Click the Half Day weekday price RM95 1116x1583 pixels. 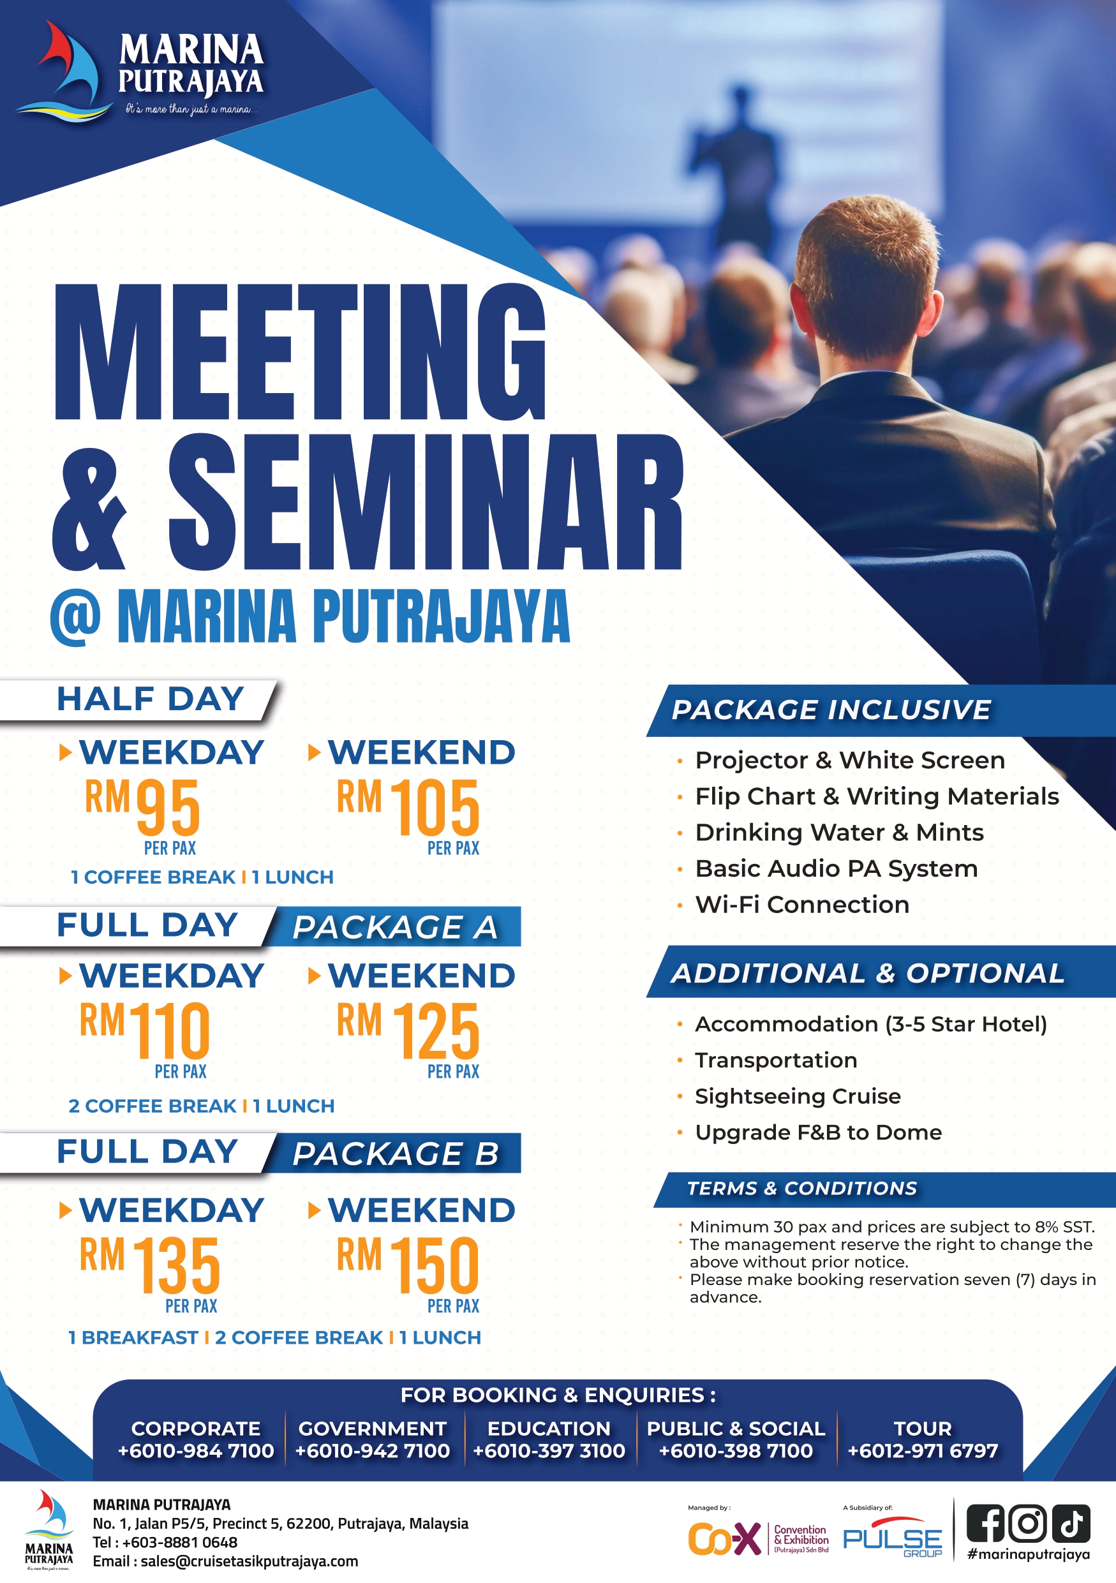click(x=142, y=806)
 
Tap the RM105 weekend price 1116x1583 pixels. click(x=408, y=806)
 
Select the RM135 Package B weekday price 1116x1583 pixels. click(x=149, y=1265)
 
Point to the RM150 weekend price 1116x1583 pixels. click(x=408, y=1265)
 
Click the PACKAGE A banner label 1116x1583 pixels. click(x=395, y=927)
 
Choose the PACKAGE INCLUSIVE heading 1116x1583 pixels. click(x=831, y=710)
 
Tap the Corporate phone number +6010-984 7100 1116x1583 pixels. click(x=196, y=1451)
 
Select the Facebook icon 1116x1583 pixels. click(x=985, y=1523)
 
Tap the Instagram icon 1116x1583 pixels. click(x=1028, y=1523)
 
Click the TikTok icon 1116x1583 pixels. click(x=1071, y=1523)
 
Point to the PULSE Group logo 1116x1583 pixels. click(x=893, y=1537)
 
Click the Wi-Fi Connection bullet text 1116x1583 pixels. click(x=802, y=905)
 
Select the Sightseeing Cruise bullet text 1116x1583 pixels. click(x=798, y=1096)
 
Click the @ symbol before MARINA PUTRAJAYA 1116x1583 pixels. click(x=75, y=617)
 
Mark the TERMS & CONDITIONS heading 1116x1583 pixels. click(x=802, y=1189)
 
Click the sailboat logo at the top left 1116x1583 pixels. click(x=66, y=72)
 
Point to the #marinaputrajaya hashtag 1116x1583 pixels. click(x=1029, y=1555)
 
